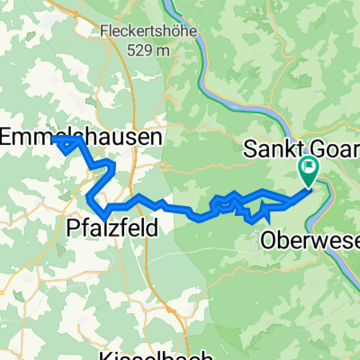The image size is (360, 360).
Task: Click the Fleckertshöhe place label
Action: [141, 34]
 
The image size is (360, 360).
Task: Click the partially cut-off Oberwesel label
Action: [310, 240]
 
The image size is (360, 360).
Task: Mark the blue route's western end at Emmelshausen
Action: [56, 139]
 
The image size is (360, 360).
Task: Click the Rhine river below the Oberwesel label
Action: [346, 270]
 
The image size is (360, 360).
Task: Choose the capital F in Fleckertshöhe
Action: [104, 34]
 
